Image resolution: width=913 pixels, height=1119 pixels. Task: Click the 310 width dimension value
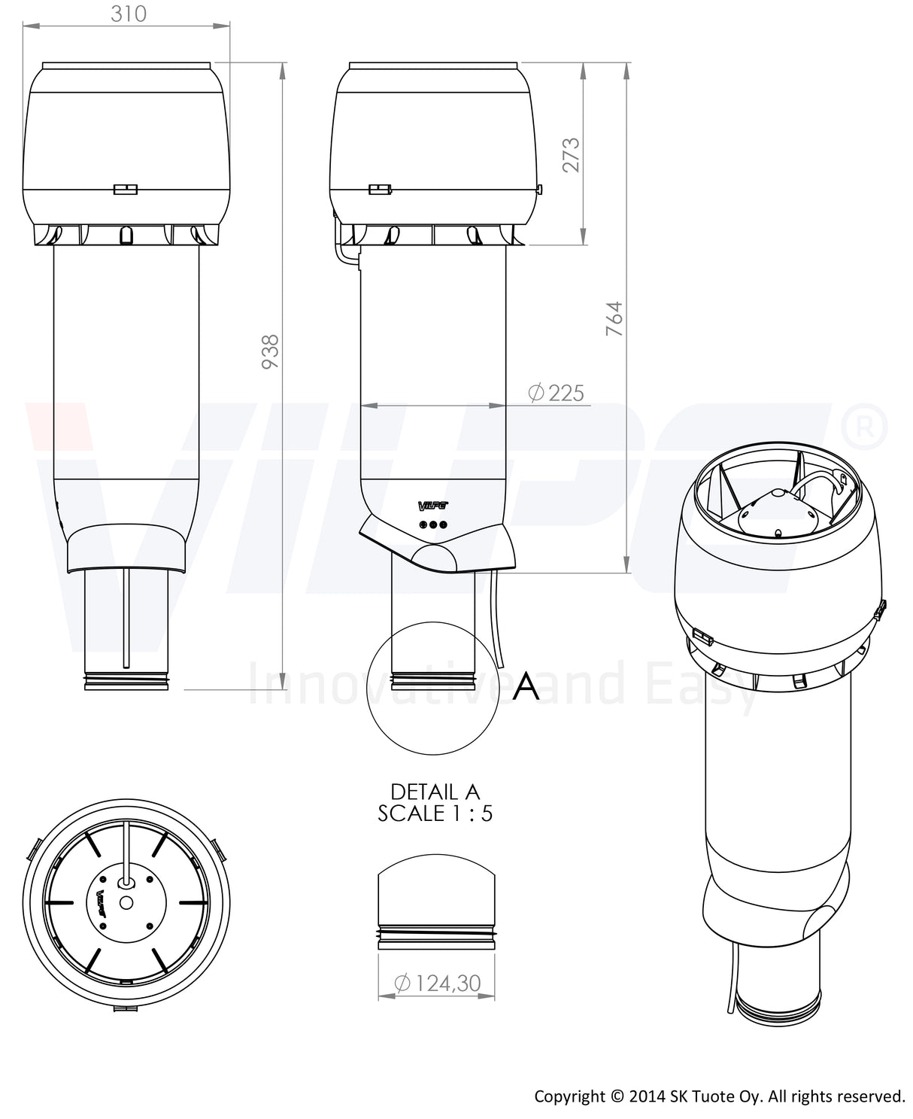[x=128, y=14]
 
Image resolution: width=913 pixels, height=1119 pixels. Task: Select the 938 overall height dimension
[x=270, y=351]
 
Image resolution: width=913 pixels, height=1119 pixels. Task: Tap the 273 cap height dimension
[x=572, y=154]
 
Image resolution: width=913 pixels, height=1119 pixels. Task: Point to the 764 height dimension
[x=614, y=318]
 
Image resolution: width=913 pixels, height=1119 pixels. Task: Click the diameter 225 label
[x=556, y=393]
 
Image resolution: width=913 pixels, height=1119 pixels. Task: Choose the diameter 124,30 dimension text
[x=437, y=983]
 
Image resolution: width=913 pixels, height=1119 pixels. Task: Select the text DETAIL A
[x=435, y=792]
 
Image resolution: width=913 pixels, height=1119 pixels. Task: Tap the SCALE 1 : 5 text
[x=435, y=813]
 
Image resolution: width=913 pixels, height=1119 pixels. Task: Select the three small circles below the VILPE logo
[x=433, y=525]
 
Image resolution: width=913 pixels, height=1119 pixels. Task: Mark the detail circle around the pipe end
[x=432, y=688]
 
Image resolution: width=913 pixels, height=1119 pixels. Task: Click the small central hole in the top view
[x=126, y=902]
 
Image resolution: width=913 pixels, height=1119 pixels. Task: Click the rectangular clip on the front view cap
[x=125, y=189]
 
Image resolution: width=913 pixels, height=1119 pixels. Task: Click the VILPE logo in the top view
[x=102, y=902]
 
